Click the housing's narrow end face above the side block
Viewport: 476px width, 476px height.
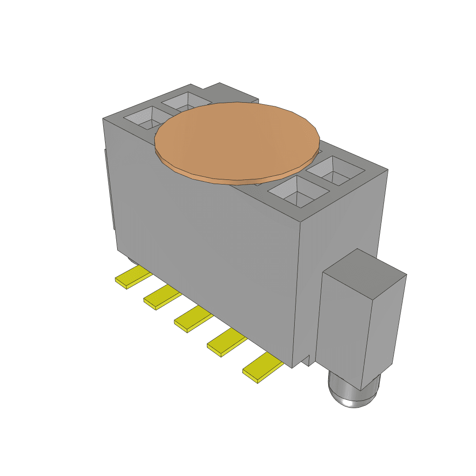(342, 223)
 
